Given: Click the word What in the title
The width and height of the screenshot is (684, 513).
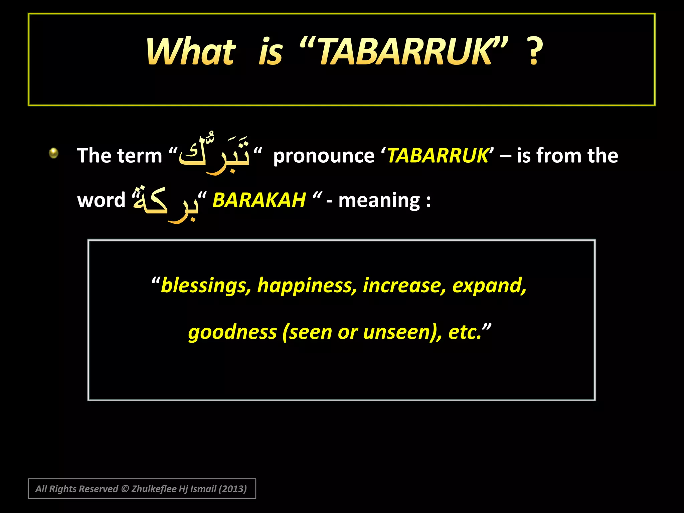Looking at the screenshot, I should [191, 51].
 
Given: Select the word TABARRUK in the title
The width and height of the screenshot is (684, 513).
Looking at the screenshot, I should [404, 51].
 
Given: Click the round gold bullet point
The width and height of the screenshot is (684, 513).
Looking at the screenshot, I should [53, 153].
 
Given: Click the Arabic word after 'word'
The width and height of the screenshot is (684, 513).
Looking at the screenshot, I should [166, 202].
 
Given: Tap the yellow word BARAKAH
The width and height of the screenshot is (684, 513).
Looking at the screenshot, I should [259, 200].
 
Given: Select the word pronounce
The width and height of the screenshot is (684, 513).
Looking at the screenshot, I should [324, 156].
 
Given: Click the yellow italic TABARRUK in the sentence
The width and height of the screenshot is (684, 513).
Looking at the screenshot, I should [438, 156].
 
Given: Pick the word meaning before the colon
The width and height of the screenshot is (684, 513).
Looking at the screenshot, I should [379, 201].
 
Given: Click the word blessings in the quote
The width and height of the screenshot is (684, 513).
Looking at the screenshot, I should [206, 286].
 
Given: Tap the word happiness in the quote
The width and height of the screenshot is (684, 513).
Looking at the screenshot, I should [305, 286].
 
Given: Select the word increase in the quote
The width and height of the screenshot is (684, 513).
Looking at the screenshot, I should [404, 286].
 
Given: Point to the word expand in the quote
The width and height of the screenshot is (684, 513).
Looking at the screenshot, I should [489, 286].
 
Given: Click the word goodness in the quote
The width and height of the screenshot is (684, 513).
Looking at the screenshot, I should [232, 332].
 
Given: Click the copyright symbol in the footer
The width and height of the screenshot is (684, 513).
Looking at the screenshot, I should [125, 489].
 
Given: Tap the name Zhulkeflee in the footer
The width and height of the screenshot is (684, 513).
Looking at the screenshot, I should [154, 489].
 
